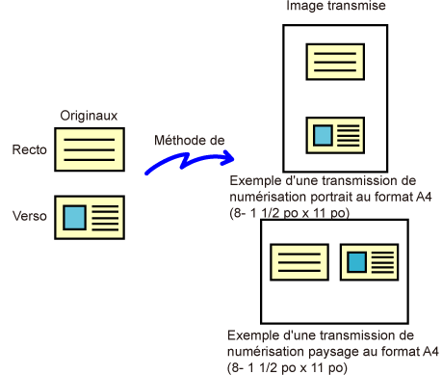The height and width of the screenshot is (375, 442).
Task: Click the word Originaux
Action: pyautogui.click(x=89, y=116)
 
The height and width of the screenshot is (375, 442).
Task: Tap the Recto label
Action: pyautogui.click(x=30, y=149)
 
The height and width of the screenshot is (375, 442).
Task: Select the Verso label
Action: pyautogui.click(x=30, y=216)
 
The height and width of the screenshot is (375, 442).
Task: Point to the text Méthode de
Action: pyautogui.click(x=190, y=140)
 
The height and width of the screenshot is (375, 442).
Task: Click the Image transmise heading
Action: pyautogui.click(x=336, y=6)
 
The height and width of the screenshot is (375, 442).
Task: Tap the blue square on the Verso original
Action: pyautogui.click(x=74, y=217)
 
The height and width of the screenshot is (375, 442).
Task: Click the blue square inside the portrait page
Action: pyautogui.click(x=323, y=136)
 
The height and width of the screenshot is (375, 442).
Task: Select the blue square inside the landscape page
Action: pyautogui.click(x=357, y=262)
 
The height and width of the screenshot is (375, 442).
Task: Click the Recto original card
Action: pyautogui.click(x=90, y=149)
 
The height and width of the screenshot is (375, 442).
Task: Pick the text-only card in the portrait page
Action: pyautogui.click(x=335, y=62)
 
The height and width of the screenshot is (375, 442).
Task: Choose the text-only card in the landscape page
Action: pyautogui.click(x=299, y=262)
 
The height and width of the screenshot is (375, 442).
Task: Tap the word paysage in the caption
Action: pyautogui.click(x=333, y=352)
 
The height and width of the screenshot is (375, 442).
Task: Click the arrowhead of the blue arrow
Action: pyautogui.click(x=228, y=157)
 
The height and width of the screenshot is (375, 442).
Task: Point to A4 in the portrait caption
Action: pyautogui.click(x=424, y=197)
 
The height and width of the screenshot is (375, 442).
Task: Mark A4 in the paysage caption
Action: pyautogui.click(x=429, y=351)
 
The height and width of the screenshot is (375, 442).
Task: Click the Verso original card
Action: pyautogui.click(x=90, y=217)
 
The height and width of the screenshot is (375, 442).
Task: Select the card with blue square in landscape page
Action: pyautogui.click(x=370, y=262)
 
